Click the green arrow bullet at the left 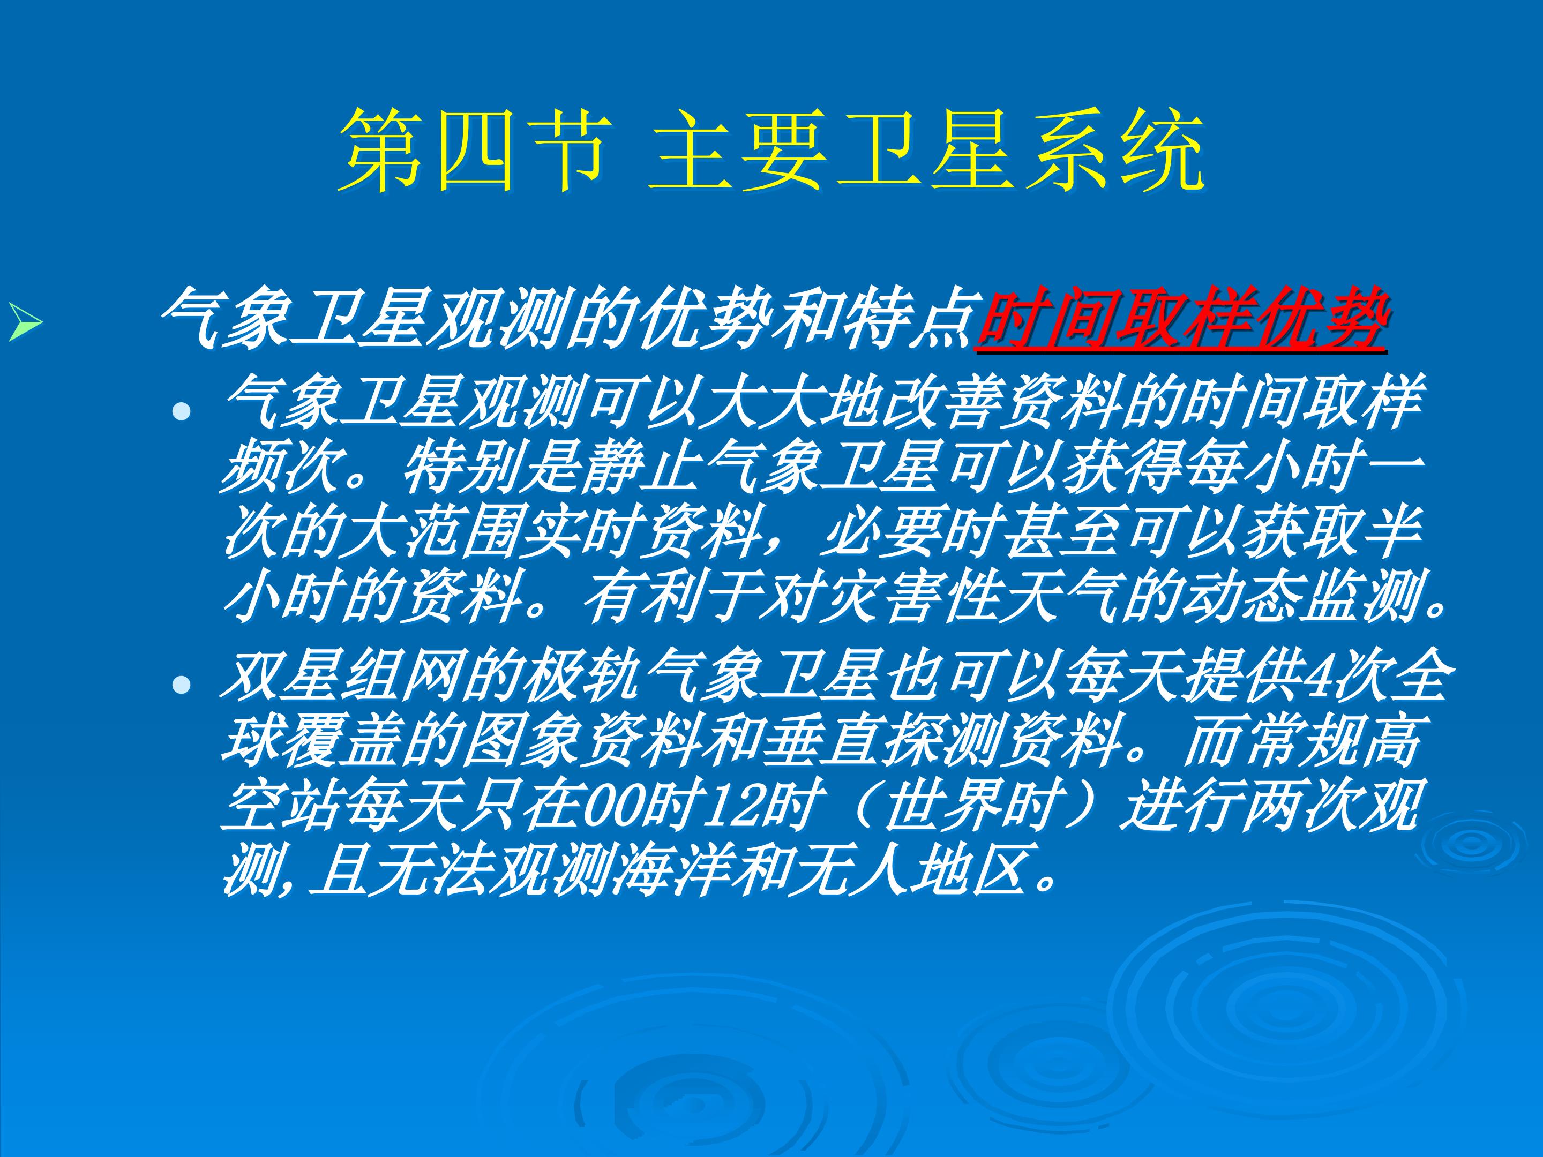click(x=25, y=323)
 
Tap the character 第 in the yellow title click(x=381, y=150)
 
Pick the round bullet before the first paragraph click(x=182, y=412)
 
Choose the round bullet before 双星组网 click(x=182, y=686)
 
